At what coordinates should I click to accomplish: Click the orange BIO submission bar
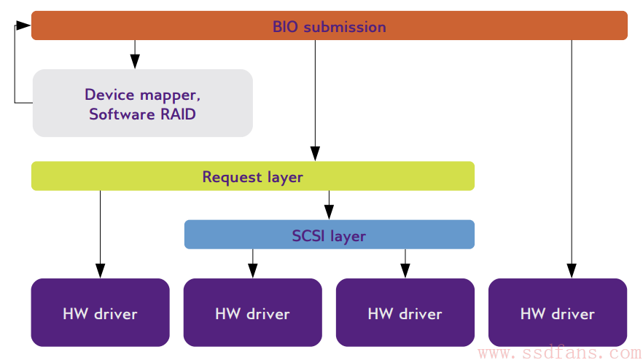click(330, 26)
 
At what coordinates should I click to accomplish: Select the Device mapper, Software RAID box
click(143, 103)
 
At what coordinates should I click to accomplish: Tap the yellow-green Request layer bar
click(252, 176)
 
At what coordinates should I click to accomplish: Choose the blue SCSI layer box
click(330, 235)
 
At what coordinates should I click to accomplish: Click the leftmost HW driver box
click(100, 313)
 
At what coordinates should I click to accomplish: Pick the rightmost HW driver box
click(558, 313)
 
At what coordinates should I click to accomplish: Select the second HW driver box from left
click(252, 313)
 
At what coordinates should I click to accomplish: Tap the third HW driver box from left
click(405, 313)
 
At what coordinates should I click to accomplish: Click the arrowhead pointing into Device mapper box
click(135, 61)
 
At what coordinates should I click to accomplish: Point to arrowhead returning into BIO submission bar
click(23, 26)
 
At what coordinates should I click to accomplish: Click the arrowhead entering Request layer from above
click(315, 153)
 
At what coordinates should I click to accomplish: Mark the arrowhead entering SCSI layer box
click(329, 212)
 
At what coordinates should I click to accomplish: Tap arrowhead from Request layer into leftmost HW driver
click(100, 270)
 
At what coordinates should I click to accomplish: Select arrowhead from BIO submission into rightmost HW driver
click(572, 270)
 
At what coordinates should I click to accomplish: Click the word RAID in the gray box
click(178, 114)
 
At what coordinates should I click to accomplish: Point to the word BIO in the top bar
click(285, 27)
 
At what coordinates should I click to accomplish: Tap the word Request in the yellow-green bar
click(232, 177)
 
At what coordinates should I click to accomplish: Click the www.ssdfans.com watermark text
click(559, 352)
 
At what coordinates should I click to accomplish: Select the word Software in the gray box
click(122, 114)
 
